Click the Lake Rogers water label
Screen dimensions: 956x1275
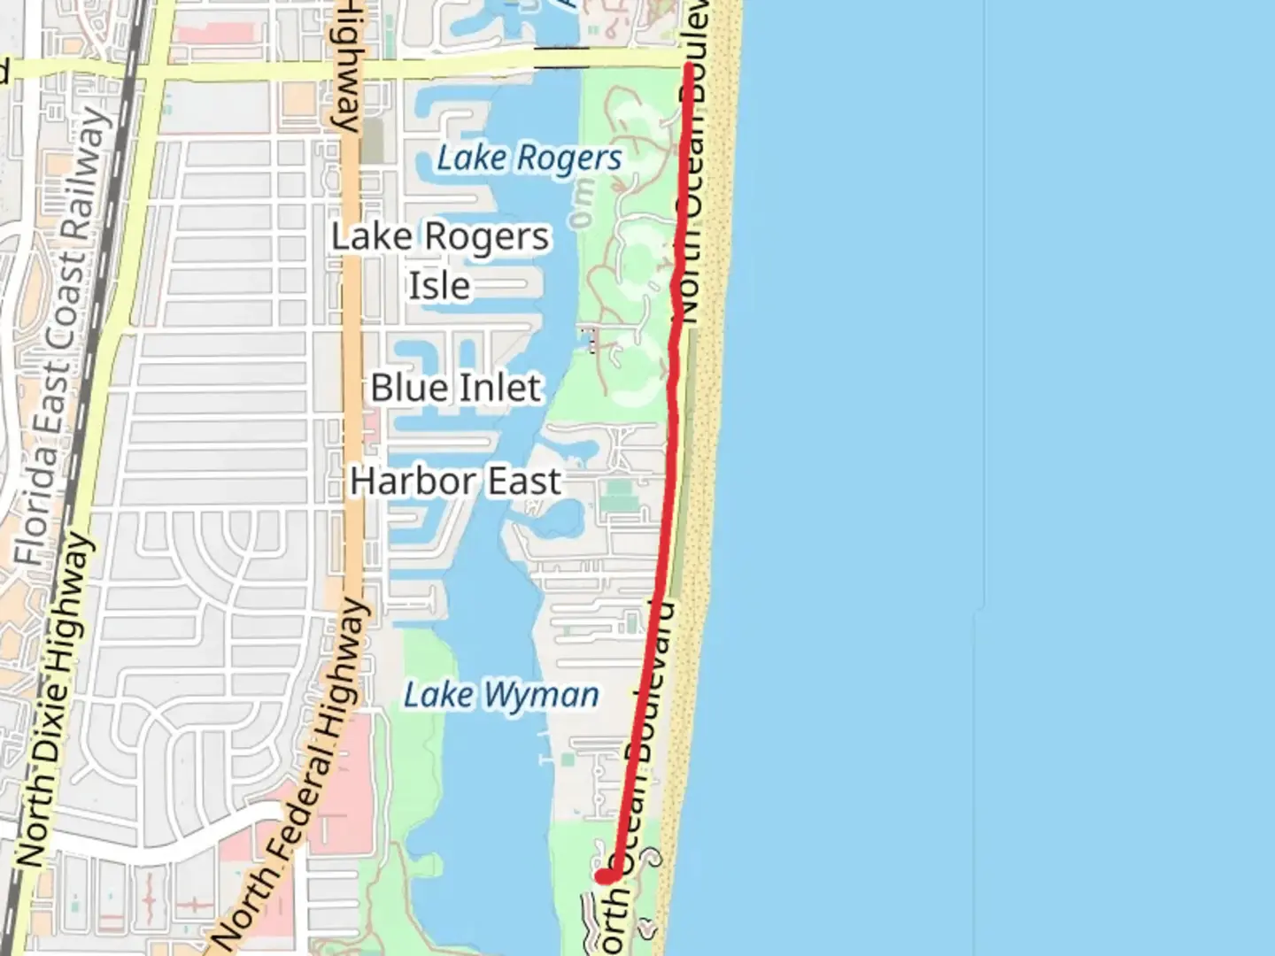click(x=529, y=158)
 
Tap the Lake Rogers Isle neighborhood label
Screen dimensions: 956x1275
click(x=440, y=260)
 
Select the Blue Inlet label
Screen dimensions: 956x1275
click(x=455, y=388)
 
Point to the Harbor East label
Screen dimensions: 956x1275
click(x=455, y=482)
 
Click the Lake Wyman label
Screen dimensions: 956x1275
click(x=501, y=695)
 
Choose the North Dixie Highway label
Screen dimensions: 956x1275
click(x=55, y=699)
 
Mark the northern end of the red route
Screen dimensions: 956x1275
click(x=688, y=66)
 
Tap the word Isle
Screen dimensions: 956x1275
click(x=439, y=286)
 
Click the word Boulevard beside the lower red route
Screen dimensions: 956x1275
click(x=651, y=682)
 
